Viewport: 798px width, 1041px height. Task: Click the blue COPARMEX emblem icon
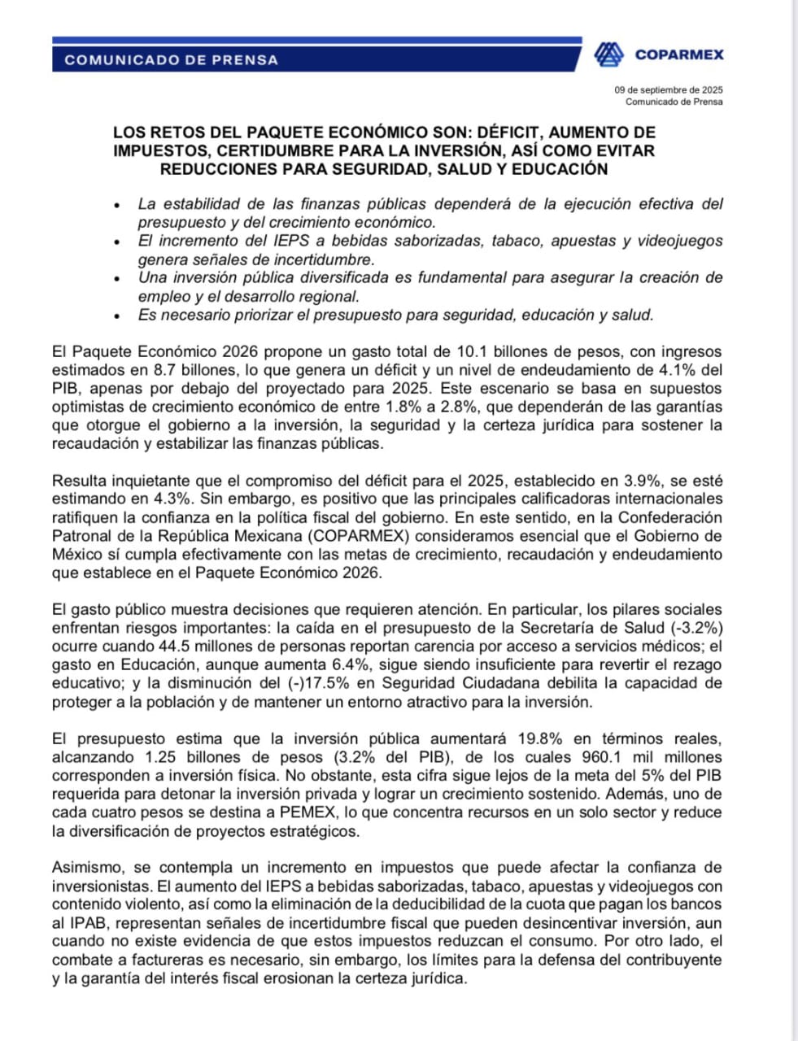608,54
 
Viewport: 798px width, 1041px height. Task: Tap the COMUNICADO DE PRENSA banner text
171,59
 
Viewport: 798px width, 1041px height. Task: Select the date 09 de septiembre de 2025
669,90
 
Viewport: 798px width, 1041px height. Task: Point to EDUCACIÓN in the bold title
561,169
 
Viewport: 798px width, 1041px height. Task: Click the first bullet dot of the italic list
118,206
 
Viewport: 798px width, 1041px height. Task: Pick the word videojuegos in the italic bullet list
685,241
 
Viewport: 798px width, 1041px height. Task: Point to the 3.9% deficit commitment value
634,481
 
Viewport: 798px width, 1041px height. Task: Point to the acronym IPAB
72,923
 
